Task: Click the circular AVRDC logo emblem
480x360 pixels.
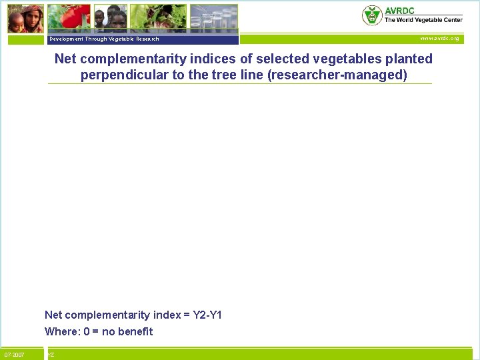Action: coord(372,15)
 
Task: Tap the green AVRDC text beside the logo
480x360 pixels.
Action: coord(399,11)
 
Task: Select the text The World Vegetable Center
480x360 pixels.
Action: coord(423,20)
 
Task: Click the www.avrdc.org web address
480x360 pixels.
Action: coord(439,39)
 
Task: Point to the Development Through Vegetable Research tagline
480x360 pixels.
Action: coord(104,39)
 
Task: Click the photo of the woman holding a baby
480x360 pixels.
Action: coord(26,18)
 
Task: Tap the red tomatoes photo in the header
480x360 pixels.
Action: coord(69,18)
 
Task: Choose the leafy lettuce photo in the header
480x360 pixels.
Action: coord(158,18)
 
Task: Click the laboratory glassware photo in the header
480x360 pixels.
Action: coord(213,18)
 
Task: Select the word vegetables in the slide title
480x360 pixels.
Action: coord(351,59)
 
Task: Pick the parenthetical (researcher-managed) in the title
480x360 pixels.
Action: coord(337,75)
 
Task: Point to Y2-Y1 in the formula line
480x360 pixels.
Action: coord(207,315)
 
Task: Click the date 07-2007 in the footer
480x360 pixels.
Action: coord(15,355)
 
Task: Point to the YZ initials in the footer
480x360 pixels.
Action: coord(51,355)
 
